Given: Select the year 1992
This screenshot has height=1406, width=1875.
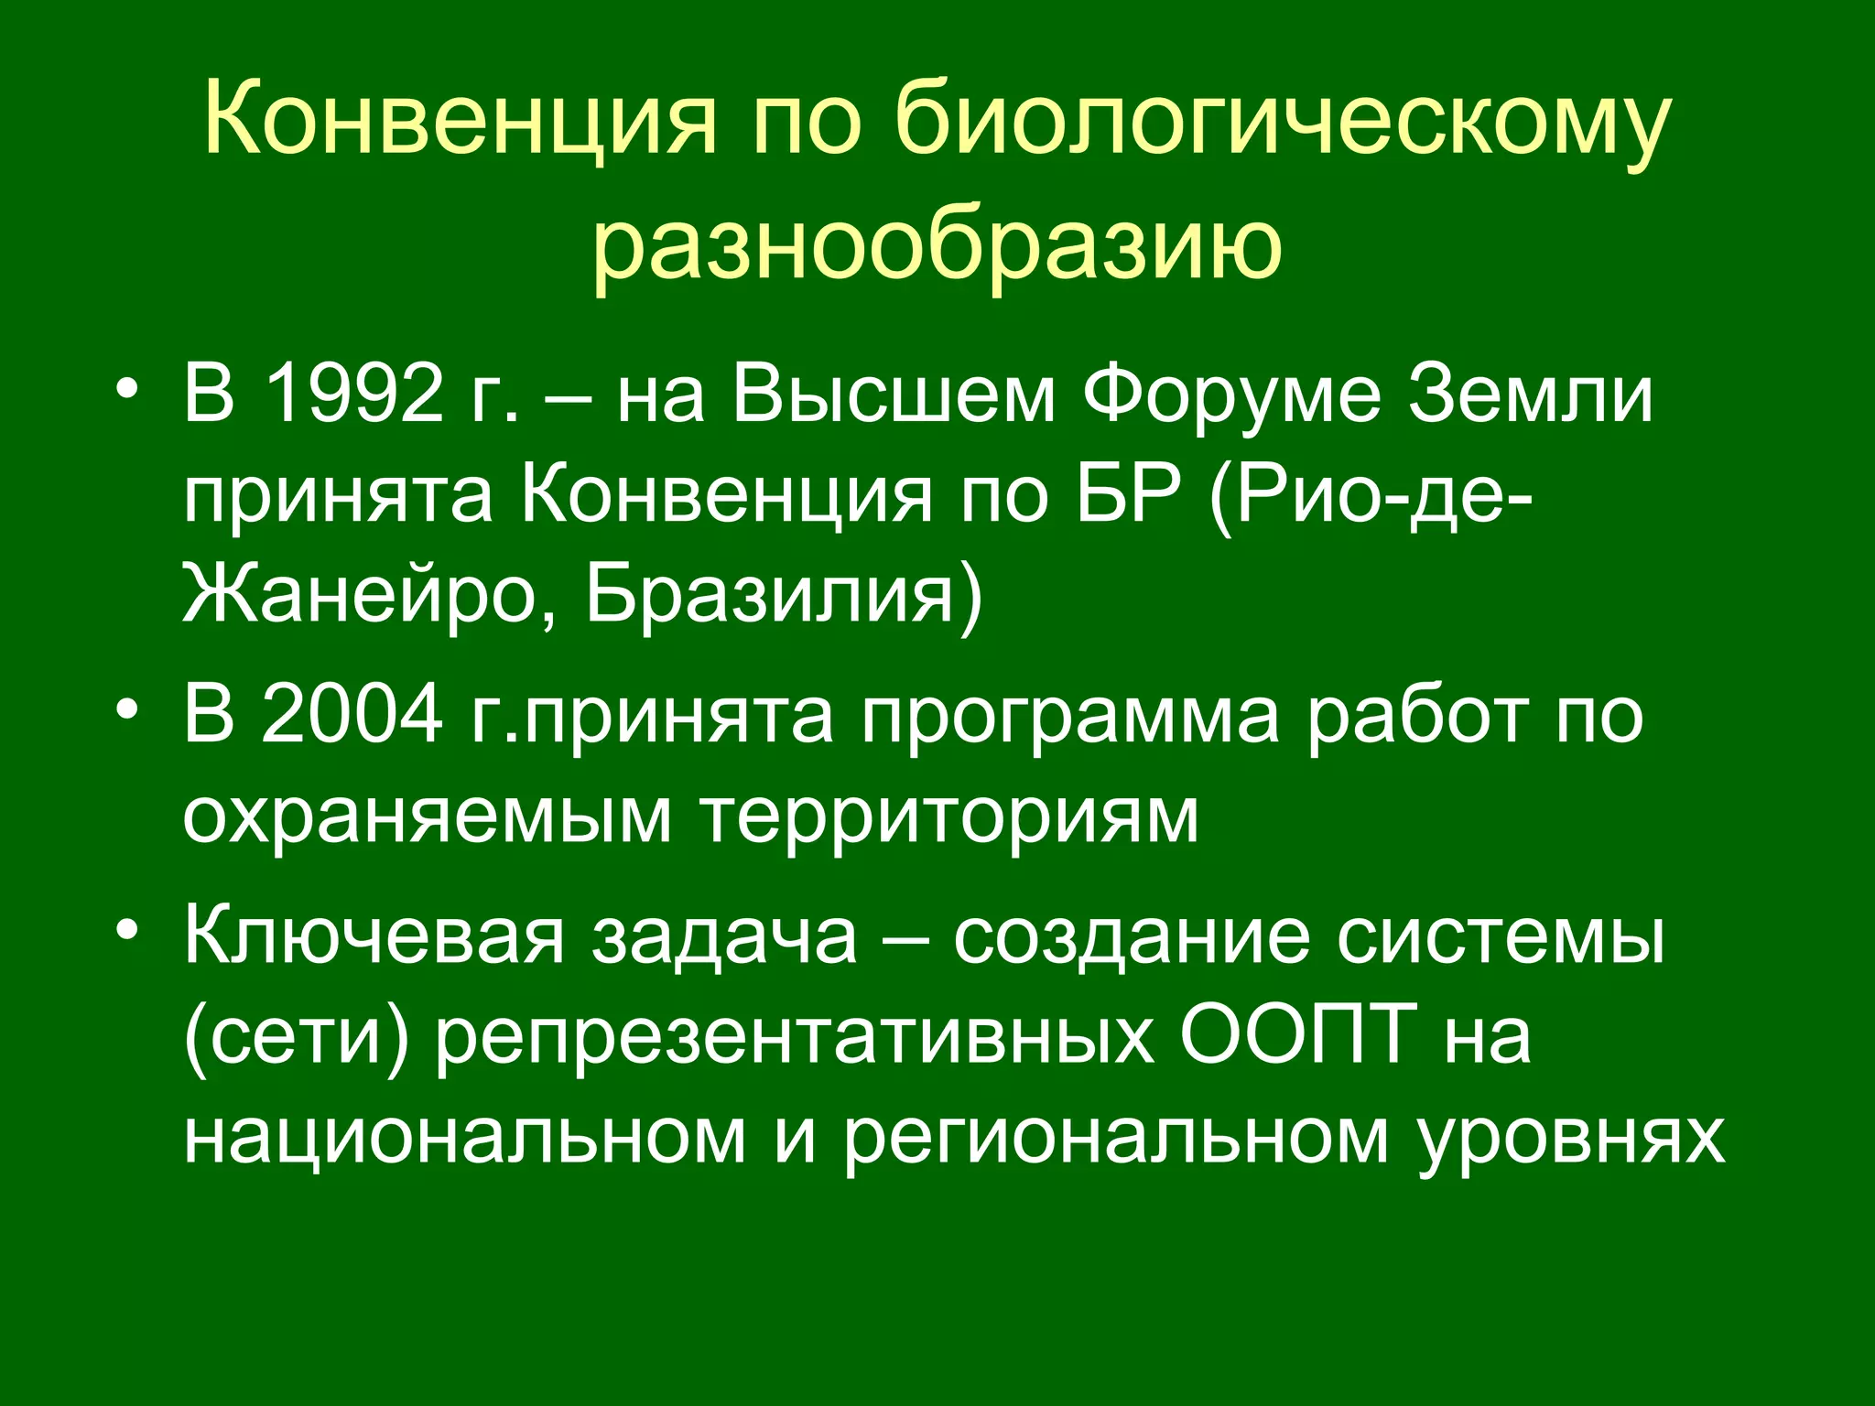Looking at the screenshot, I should [x=352, y=395].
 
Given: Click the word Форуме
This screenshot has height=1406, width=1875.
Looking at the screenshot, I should [x=1231, y=395].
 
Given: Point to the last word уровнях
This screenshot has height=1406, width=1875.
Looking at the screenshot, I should [x=1571, y=1139].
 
